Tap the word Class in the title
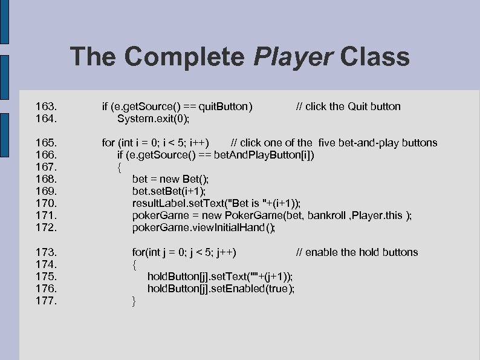(375, 57)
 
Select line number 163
(47, 106)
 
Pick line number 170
(47, 203)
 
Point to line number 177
(47, 301)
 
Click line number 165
(47, 143)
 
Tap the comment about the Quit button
(348, 106)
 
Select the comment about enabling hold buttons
(357, 252)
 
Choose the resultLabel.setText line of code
(216, 203)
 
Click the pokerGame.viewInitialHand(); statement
(204, 228)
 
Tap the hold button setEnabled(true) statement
(221, 289)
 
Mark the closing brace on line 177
(134, 301)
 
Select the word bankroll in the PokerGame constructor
(329, 216)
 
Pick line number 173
(47, 252)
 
